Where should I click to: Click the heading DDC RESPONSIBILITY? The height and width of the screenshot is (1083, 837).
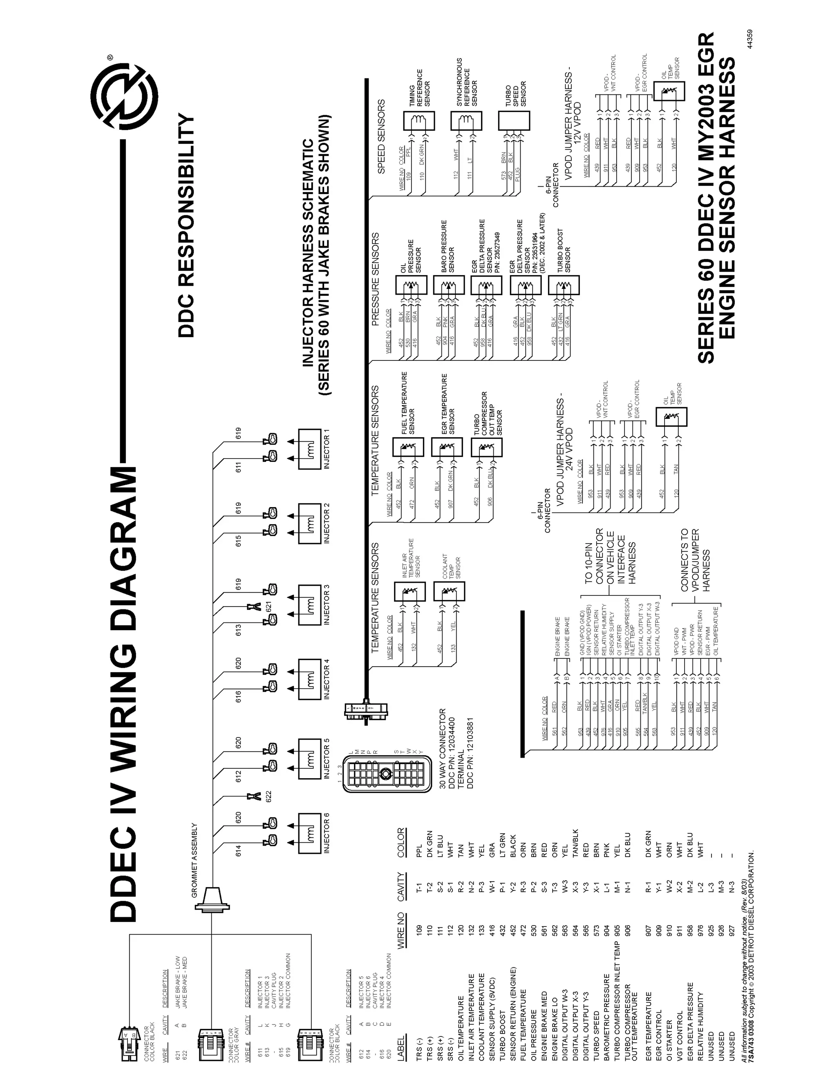coord(187,226)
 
